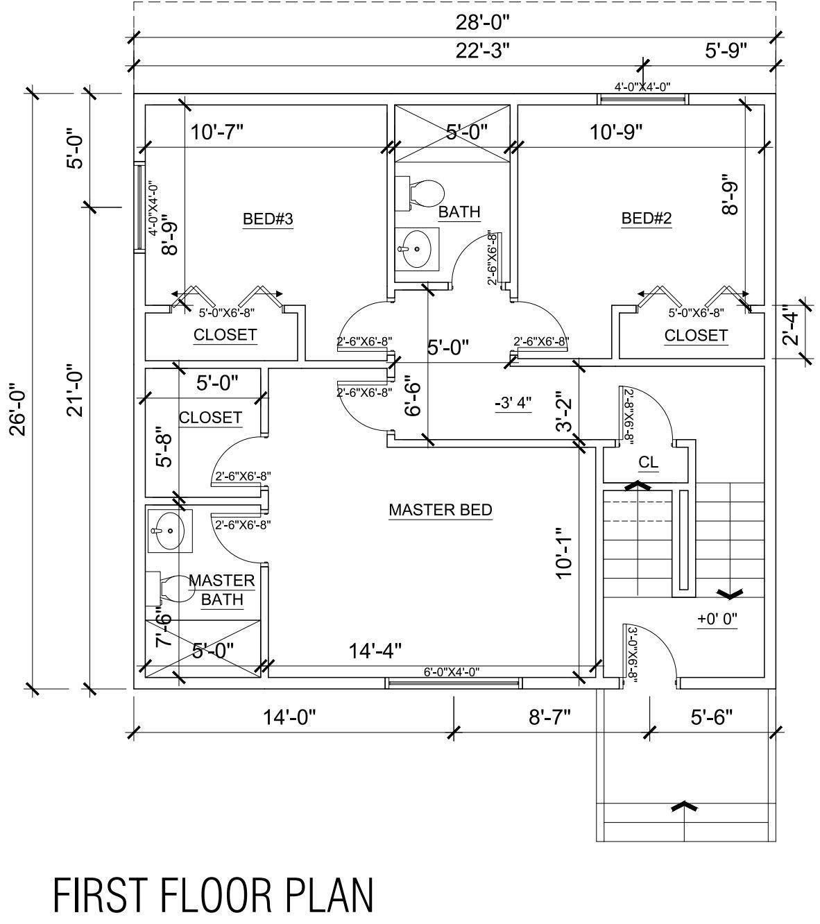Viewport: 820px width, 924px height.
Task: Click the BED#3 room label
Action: pos(268,219)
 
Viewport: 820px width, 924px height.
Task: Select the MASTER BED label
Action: pos(441,510)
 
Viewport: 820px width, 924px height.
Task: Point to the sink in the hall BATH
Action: pos(414,248)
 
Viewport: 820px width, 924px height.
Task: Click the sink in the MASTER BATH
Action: pos(168,530)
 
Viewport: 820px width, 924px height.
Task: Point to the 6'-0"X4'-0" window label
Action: pos(452,671)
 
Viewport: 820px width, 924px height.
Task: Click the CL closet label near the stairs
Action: pos(649,463)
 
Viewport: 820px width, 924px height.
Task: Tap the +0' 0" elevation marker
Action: pos(717,618)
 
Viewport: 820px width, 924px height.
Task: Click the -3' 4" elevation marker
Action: pos(513,403)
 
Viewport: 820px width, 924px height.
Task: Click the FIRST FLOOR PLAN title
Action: pos(214,895)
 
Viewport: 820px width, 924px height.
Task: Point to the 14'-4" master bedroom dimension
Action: pos(375,651)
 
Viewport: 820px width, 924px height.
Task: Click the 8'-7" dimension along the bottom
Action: pos(549,717)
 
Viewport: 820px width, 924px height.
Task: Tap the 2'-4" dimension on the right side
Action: pos(791,327)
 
